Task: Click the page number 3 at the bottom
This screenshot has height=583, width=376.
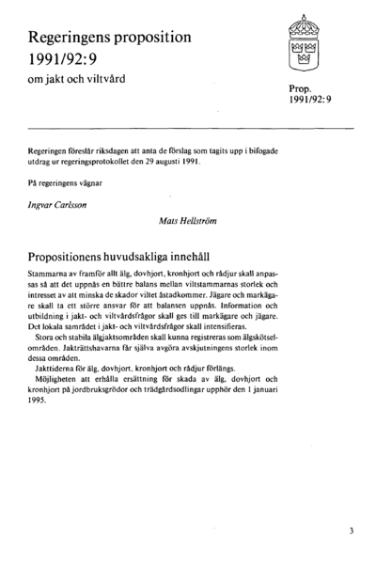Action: tap(350, 530)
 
